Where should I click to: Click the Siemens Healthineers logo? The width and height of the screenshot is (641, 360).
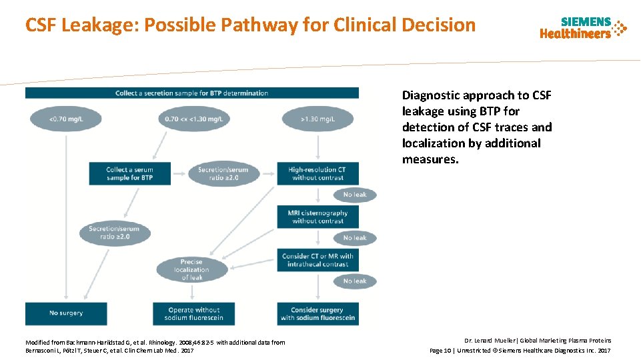click(583, 28)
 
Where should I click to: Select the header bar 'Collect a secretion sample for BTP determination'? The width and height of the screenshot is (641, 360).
click(191, 93)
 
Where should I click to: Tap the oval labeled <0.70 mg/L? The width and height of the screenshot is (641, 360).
click(65, 119)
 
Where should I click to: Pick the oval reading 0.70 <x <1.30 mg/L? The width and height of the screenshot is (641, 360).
click(191, 119)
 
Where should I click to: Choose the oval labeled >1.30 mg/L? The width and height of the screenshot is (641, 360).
click(317, 119)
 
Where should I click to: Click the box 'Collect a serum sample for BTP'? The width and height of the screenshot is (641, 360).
click(129, 173)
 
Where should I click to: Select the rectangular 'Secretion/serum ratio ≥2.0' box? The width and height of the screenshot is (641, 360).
click(223, 173)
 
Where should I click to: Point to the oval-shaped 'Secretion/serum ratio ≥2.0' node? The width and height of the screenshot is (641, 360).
click(113, 233)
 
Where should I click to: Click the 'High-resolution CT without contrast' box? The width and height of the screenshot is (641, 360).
click(317, 173)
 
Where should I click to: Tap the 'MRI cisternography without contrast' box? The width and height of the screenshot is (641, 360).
click(317, 217)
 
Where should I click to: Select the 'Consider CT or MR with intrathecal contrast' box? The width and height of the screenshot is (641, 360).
click(317, 260)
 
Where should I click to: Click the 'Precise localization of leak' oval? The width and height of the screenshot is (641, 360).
click(191, 269)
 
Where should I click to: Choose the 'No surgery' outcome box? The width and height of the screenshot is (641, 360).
click(65, 313)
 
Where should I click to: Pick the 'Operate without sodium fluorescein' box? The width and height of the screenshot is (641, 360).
click(194, 313)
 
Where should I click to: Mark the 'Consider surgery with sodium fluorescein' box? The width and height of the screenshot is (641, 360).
click(317, 313)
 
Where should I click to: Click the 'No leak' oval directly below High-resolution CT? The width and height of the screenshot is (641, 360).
click(355, 195)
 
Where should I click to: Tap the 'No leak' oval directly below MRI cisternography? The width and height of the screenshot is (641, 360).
click(355, 238)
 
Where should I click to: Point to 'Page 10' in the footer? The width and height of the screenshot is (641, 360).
click(441, 350)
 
